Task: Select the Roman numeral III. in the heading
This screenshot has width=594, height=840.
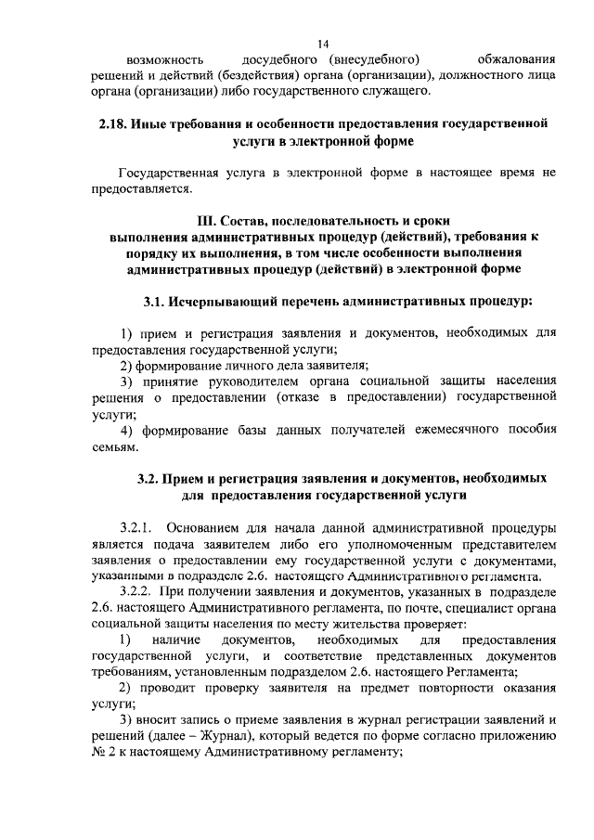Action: tap(210, 220)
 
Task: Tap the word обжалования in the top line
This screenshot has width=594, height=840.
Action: tap(515, 60)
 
